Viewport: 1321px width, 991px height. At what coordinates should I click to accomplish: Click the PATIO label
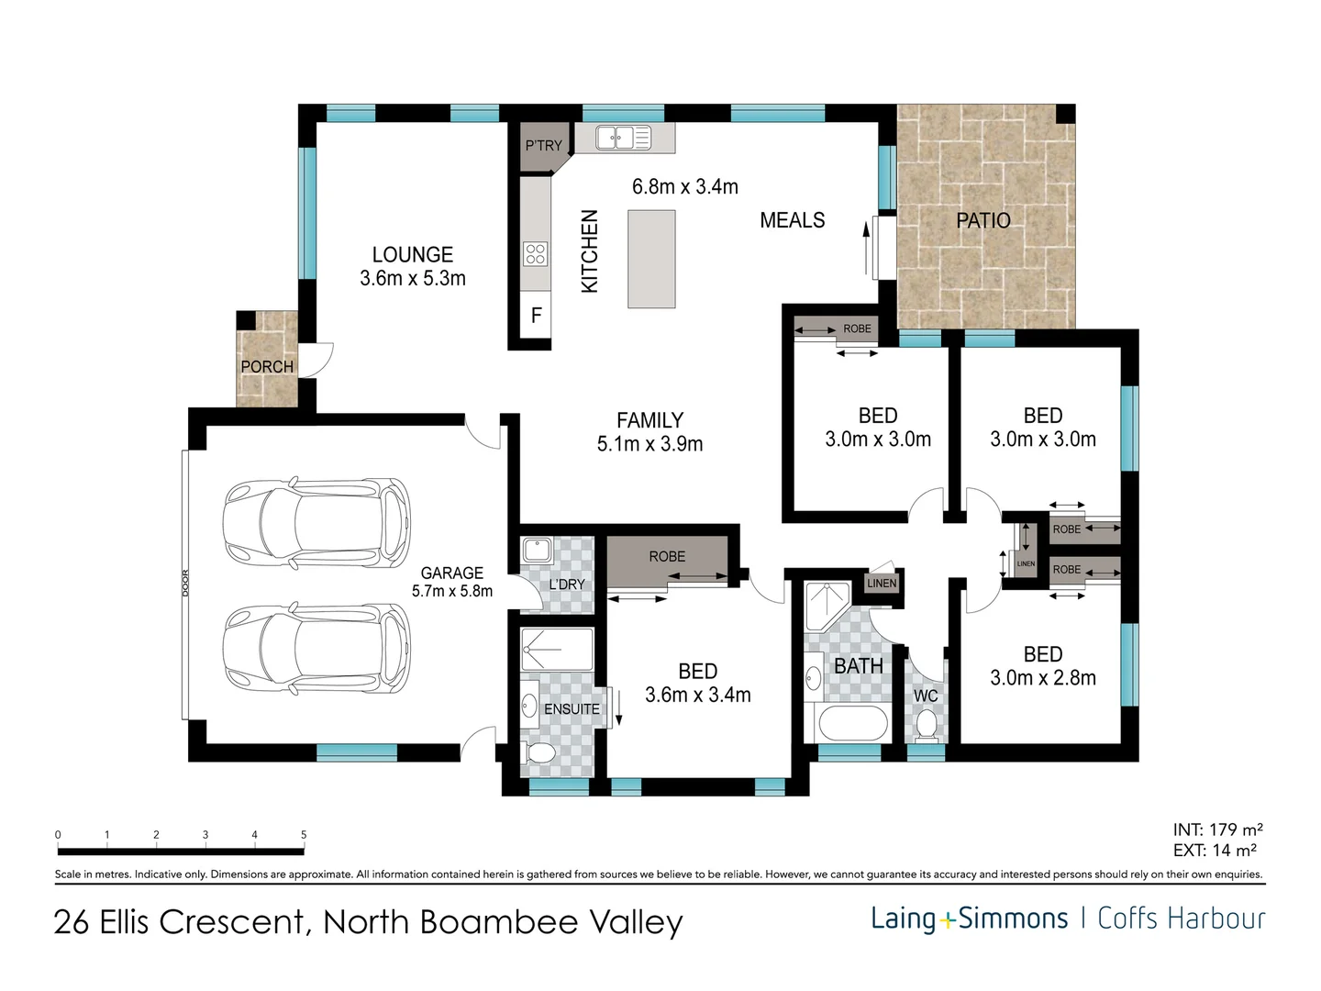[x=982, y=220]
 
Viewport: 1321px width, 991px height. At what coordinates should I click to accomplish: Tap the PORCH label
[x=267, y=366]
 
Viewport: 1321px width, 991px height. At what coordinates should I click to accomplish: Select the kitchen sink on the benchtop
[x=623, y=138]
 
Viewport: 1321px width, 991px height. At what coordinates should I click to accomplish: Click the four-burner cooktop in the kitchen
[x=535, y=254]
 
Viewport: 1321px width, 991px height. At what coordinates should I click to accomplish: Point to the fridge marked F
[x=536, y=316]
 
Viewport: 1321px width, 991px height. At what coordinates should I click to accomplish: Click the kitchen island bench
[x=651, y=259]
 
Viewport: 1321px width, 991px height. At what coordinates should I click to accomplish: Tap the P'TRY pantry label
[x=543, y=146]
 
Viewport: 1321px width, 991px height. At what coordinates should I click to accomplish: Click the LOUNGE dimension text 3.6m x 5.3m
[x=412, y=278]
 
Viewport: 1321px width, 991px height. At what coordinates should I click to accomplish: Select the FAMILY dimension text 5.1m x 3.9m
[x=649, y=444]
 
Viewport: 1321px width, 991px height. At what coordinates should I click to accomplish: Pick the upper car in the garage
[x=316, y=522]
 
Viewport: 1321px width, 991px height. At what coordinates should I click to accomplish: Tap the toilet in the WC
[x=926, y=726]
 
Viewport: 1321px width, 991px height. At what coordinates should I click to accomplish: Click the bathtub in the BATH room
[x=849, y=723]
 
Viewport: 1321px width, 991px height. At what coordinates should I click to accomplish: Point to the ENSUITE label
[x=572, y=709]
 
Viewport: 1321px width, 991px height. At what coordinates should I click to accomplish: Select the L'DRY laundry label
[x=567, y=585]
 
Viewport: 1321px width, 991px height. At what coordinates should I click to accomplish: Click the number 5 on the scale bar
[x=304, y=835]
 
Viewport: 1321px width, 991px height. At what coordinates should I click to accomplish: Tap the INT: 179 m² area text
[x=1217, y=830]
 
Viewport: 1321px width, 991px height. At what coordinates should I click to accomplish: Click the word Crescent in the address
[x=232, y=921]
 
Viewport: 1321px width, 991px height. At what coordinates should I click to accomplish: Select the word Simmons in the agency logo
[x=1012, y=919]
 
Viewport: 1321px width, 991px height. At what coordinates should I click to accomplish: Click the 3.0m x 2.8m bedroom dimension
[x=1043, y=678]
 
